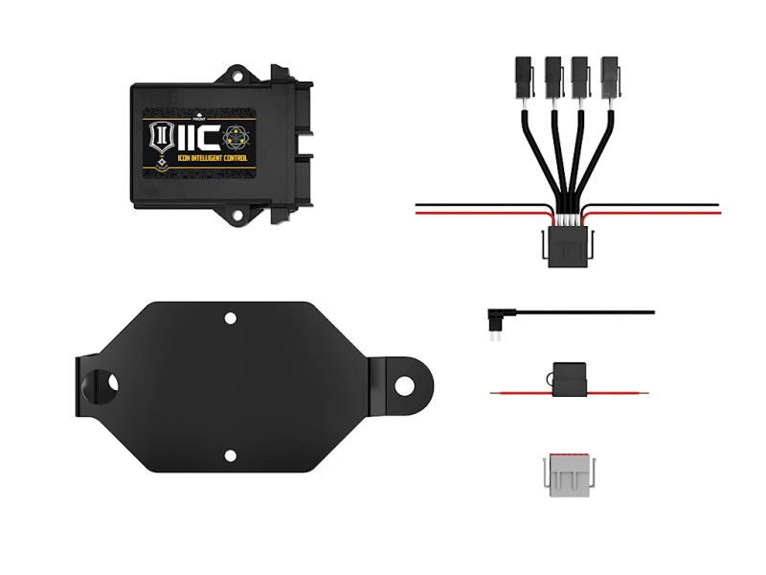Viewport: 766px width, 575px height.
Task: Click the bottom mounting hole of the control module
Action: point(232,216)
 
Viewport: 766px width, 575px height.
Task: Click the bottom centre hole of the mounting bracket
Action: point(230,456)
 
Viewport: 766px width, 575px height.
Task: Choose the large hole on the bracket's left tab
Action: point(103,383)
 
